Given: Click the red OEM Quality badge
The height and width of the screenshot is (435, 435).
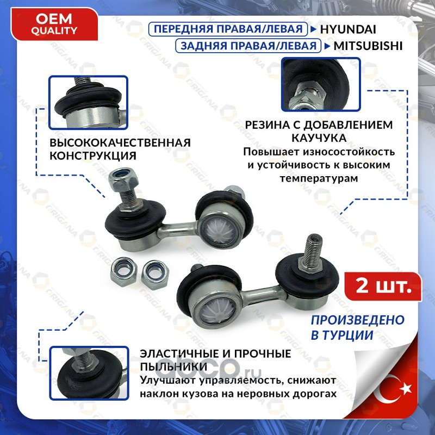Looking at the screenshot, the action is point(54,24).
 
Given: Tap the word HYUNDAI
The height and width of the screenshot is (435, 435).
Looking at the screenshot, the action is point(348,29).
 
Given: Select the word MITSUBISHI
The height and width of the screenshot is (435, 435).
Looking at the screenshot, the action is point(368,46).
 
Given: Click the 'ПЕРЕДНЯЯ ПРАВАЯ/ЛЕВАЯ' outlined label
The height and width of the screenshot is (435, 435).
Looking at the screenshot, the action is point(228,29).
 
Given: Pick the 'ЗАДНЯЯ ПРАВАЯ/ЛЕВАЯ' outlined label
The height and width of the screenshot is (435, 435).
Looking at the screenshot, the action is point(248,46).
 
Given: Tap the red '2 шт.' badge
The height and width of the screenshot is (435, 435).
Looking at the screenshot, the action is point(383,287).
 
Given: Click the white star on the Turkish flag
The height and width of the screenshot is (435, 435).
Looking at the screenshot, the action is point(406,388).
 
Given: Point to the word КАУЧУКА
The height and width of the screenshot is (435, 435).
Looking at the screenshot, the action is point(319,138).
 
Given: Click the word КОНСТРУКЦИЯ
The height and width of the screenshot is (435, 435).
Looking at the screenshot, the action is point(93,156).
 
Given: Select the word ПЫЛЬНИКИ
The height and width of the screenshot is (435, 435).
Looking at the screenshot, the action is point(173,366).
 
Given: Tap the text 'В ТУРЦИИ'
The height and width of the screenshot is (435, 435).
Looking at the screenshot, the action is point(342,335).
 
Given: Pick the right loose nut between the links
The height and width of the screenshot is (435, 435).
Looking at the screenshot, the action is point(155,275).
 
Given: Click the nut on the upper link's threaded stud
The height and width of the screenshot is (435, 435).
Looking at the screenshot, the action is point(123,179).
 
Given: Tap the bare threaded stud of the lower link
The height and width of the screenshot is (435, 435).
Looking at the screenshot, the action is point(312,252).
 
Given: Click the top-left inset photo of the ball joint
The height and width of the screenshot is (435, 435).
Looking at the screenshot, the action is point(88,102).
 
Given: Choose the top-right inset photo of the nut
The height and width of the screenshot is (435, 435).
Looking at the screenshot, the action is point(321,84).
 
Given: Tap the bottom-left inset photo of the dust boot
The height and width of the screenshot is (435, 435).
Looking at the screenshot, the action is point(89,373).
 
